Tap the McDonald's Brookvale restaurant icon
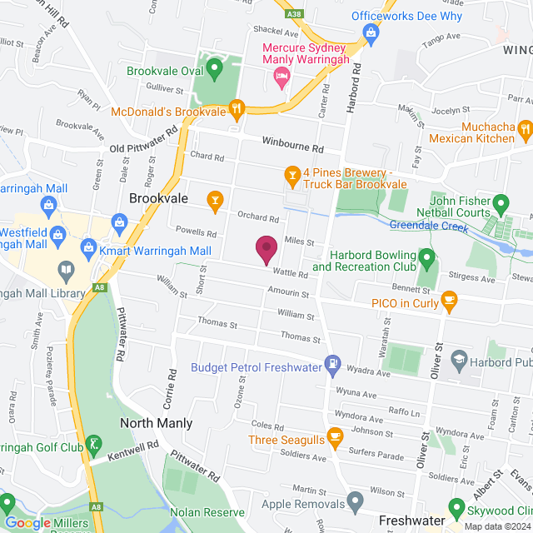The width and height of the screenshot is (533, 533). [x=237, y=107]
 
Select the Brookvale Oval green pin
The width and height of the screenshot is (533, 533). [x=214, y=66]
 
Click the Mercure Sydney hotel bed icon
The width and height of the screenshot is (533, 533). [x=282, y=78]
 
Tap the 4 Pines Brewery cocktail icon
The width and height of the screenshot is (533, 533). [x=291, y=174]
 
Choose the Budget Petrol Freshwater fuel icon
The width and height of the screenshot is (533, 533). [x=332, y=362]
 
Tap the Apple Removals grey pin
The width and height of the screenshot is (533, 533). [x=356, y=502]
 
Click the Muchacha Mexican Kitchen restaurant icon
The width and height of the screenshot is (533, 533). [x=524, y=129]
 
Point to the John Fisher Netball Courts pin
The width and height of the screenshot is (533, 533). [x=501, y=202]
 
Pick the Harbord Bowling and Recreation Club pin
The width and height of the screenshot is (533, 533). [x=426, y=257]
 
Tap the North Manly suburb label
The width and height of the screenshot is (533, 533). [x=156, y=423]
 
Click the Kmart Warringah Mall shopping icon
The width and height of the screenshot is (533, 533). [x=89, y=248]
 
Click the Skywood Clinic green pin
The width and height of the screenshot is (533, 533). [x=456, y=506]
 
